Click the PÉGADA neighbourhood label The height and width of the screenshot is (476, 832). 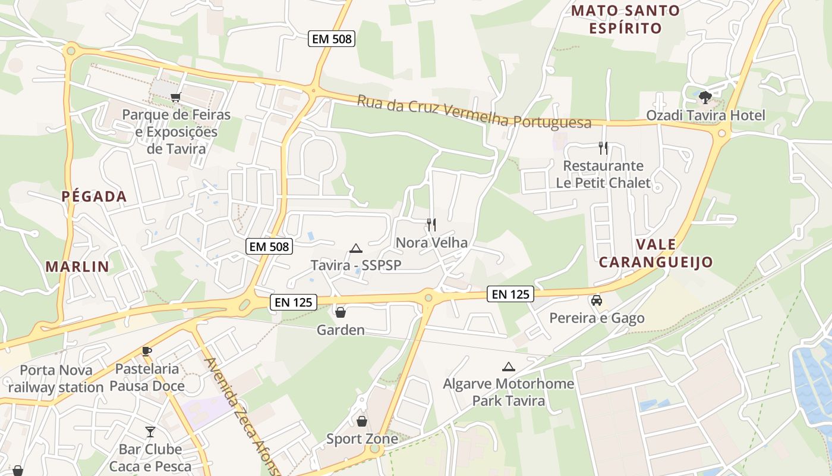pyautogui.click(x=94, y=196)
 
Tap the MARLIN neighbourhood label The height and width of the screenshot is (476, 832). pyautogui.click(x=77, y=267)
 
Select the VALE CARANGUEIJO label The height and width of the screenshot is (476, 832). pyautogui.click(x=655, y=253)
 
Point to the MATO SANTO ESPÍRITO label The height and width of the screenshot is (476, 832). pyautogui.click(x=625, y=19)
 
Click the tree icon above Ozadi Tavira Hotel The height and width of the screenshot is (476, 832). pyautogui.click(x=705, y=97)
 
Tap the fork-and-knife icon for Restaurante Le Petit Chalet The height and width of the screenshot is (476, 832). pyautogui.click(x=603, y=148)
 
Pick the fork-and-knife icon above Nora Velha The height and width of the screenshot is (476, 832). pyautogui.click(x=431, y=225)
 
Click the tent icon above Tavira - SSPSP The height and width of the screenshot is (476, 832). pyautogui.click(x=355, y=248)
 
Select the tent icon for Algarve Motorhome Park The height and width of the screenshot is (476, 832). pyautogui.click(x=508, y=367)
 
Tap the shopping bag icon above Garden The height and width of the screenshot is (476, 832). pyautogui.click(x=341, y=312)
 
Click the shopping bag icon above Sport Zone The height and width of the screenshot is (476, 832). pyautogui.click(x=361, y=421)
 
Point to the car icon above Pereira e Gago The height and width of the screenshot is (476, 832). pyautogui.click(x=597, y=300)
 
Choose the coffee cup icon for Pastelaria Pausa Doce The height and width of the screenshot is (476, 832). pyautogui.click(x=147, y=352)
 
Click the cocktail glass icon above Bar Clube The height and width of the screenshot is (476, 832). pyautogui.click(x=150, y=431)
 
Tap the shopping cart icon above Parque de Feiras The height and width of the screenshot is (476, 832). pyautogui.click(x=175, y=97)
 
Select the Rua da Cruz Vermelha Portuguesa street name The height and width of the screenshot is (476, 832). pyautogui.click(x=474, y=112)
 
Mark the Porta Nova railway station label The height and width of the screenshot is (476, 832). pyautogui.click(x=56, y=379)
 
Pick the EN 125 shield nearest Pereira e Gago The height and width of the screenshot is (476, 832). pyautogui.click(x=510, y=294)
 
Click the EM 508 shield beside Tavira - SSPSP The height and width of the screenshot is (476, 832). pyautogui.click(x=269, y=246)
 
